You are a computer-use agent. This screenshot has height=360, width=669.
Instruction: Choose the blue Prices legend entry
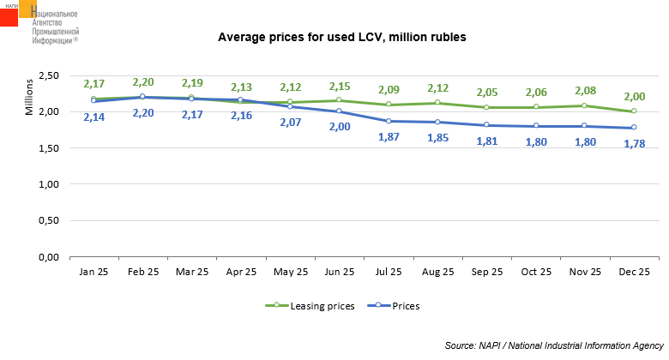point(399,305)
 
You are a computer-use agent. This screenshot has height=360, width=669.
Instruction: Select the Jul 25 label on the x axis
point(389,272)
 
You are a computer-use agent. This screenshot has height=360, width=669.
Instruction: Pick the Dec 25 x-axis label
point(634,272)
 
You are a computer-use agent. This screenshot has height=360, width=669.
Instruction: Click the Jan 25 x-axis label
point(93,272)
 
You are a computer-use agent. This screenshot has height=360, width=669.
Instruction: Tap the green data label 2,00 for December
point(635,96)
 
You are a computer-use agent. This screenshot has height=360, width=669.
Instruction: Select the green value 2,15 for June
point(341,87)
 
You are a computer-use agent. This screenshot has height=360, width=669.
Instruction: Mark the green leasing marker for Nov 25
point(585,105)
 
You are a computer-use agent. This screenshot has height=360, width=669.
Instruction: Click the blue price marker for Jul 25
point(389,121)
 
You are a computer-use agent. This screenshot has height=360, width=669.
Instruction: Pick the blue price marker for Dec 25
point(634,128)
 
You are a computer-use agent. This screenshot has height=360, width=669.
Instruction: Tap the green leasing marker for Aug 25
point(438,103)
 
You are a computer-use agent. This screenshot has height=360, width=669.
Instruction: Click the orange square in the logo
point(27,8)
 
